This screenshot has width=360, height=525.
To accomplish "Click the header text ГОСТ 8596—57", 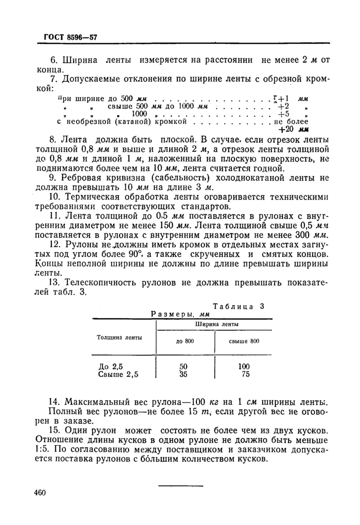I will pyautogui.click(x=67, y=38).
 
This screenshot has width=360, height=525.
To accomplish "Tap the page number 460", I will pyautogui.click(x=40, y=493).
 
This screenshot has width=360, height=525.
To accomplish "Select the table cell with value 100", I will pyautogui.click(x=243, y=366).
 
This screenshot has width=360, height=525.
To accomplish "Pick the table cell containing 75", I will pyautogui.click(x=245, y=374).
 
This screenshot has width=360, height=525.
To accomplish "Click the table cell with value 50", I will pyautogui.click(x=184, y=366).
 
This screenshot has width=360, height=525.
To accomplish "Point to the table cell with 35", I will pyautogui.click(x=184, y=374).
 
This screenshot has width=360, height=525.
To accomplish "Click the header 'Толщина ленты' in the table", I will pyautogui.click(x=117, y=337).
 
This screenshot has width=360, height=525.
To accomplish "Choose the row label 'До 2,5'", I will pyautogui.click(x=111, y=366).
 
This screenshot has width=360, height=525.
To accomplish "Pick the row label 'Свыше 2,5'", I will pyautogui.click(x=118, y=374).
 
